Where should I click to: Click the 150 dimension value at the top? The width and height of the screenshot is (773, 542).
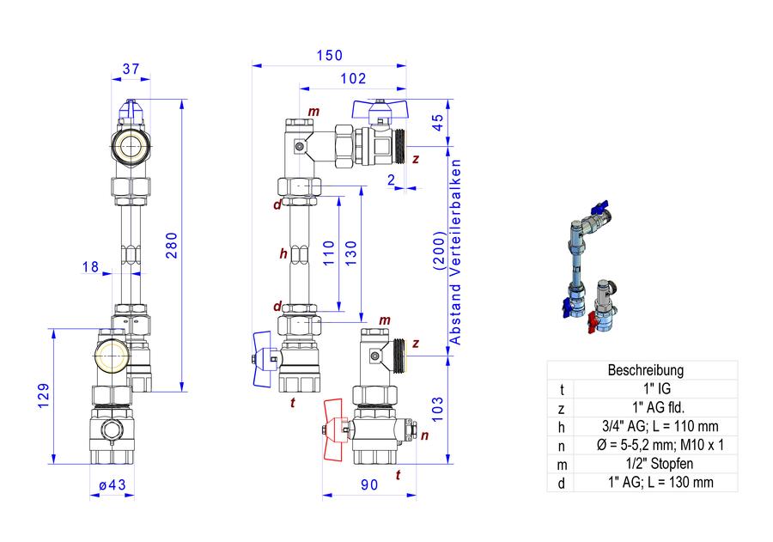point(329,55)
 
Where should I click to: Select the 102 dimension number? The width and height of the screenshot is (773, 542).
point(353,78)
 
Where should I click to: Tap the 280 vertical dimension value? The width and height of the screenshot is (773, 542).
point(172,245)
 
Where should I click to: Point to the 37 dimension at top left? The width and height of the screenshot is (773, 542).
point(131,69)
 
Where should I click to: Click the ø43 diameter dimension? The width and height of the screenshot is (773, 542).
point(113,484)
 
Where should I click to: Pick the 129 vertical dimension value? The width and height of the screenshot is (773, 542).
point(44,395)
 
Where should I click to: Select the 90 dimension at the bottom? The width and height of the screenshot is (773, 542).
point(369,484)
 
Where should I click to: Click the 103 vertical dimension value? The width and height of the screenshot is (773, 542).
point(438,410)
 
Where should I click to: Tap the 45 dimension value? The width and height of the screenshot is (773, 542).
point(438,123)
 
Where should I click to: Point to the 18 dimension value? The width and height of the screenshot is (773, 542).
point(91,267)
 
